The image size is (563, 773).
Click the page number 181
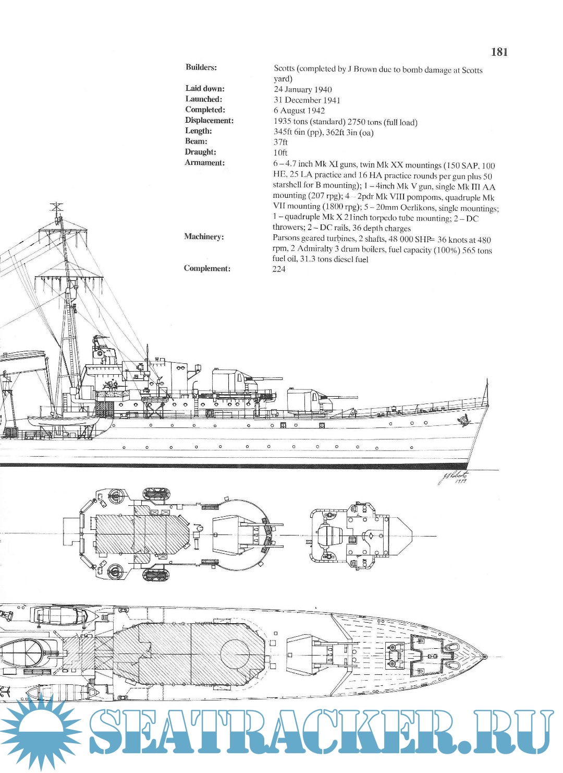pos(499,52)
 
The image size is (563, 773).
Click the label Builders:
pos(201,67)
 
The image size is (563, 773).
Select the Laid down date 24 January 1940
pos(302,89)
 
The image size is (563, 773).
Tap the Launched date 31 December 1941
pos(307,100)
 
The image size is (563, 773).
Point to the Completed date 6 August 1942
pos(299,111)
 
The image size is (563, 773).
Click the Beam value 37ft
pos(280,142)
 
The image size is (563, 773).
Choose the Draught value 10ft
pos(280,152)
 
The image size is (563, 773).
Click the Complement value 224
pos(279,269)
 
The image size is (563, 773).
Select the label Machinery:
pos(204,237)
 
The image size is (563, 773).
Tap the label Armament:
pos(204,163)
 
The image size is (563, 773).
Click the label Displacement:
pos(209,121)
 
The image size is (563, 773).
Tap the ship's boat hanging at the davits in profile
pos(63,421)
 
